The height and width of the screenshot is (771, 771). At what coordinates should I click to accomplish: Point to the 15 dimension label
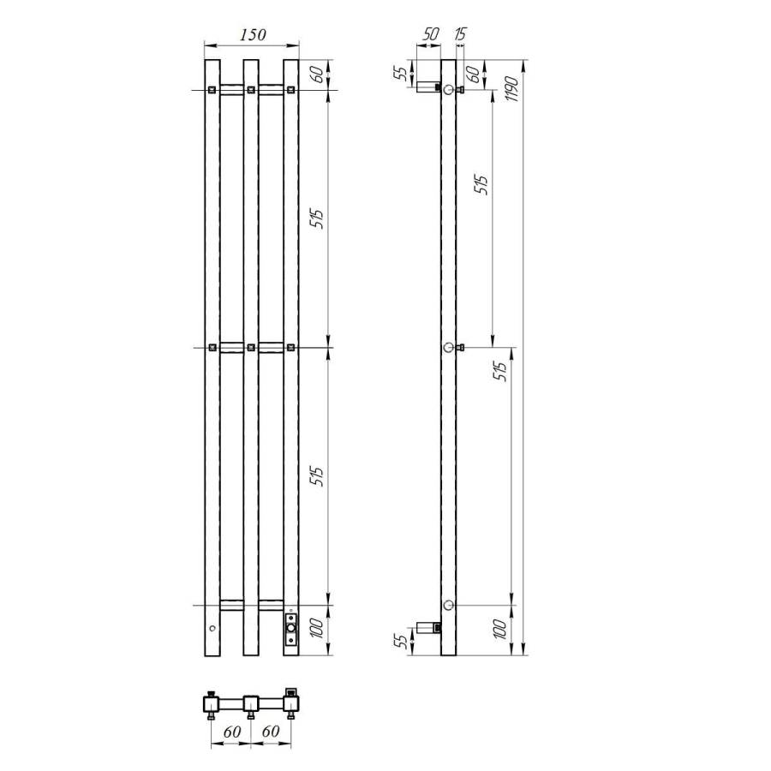[461, 34]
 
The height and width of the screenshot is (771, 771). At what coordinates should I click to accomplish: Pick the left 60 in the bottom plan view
[230, 732]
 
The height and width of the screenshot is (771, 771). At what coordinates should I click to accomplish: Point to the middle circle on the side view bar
[448, 347]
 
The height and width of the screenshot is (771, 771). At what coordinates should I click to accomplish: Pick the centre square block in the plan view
[250, 703]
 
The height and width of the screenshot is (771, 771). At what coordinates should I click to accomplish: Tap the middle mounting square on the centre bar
[251, 347]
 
